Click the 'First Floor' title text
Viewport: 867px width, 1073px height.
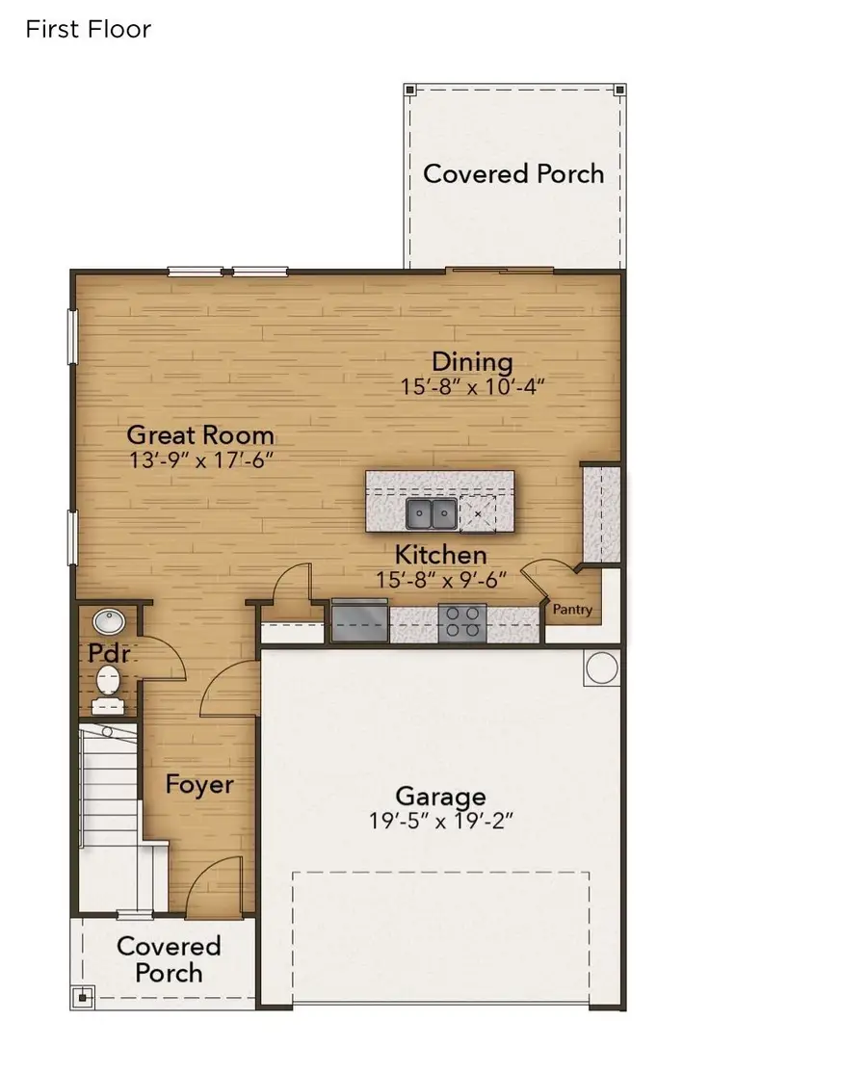(x=88, y=29)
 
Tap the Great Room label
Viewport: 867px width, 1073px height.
(x=200, y=434)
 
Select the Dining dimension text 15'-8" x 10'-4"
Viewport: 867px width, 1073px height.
(x=474, y=386)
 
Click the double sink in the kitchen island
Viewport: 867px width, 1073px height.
(x=431, y=514)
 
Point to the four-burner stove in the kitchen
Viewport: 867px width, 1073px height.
(x=462, y=621)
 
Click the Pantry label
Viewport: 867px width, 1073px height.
(x=572, y=610)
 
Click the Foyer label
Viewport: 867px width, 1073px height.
(x=199, y=784)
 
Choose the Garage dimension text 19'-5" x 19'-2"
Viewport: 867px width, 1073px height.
(x=440, y=822)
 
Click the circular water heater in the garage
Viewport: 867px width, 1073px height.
(x=601, y=667)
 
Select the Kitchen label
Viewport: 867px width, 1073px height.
(x=441, y=556)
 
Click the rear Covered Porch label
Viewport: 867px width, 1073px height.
(x=513, y=174)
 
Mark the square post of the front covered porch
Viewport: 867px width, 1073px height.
(x=84, y=996)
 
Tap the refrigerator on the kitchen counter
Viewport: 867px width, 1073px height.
(x=359, y=621)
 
